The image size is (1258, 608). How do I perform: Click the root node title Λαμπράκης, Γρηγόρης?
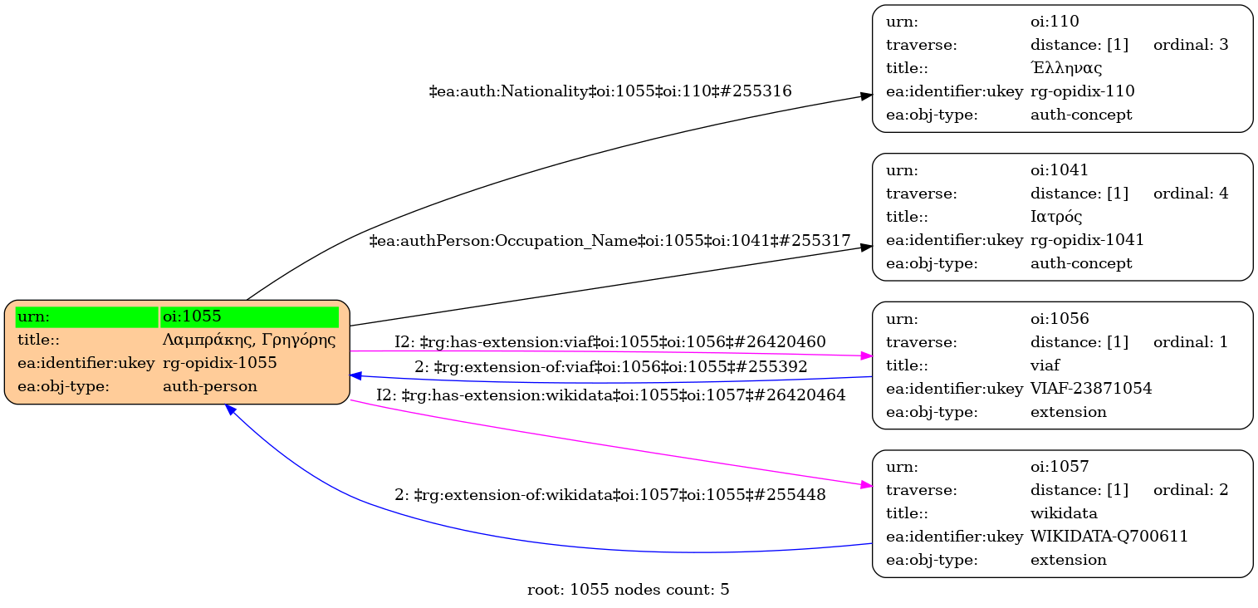pos(249,340)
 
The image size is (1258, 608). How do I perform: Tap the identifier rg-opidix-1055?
pos(220,363)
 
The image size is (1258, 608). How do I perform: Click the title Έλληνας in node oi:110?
pos(1066,68)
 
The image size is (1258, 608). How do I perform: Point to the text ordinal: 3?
pos(1190,45)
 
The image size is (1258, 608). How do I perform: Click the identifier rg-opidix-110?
pos(1082,91)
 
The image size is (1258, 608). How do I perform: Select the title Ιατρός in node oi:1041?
pos(1056,217)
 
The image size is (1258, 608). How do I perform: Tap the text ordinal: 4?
pos(1190,194)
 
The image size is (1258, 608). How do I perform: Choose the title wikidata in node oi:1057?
pos(1064,513)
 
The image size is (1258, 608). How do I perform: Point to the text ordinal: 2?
pos(1190,490)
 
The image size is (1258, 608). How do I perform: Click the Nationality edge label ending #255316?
pos(609,91)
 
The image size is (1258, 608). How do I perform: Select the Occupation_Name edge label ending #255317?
pos(609,241)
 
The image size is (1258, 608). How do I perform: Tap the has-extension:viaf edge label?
pos(609,342)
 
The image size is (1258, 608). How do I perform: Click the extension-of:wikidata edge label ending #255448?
pos(609,496)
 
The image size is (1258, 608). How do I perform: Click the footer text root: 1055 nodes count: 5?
pos(629,591)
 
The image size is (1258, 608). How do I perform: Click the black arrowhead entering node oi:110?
pos(865,96)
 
